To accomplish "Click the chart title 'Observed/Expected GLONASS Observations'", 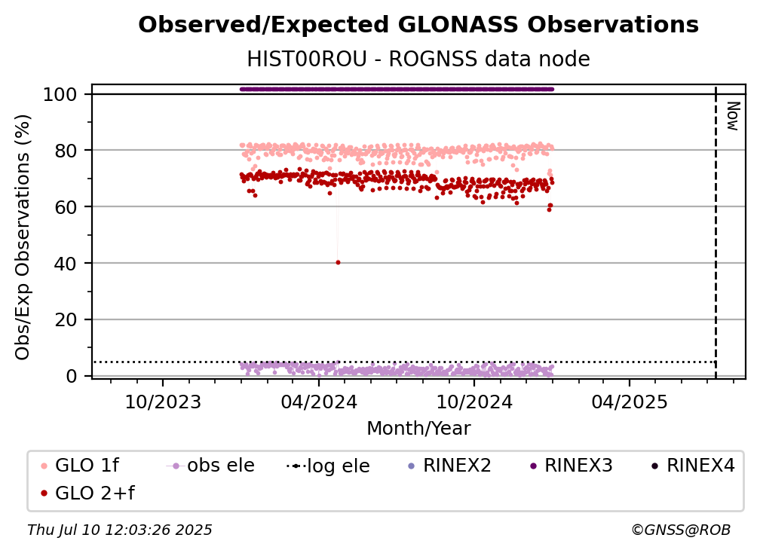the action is point(418,25).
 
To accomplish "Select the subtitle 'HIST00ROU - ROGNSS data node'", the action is point(418,59).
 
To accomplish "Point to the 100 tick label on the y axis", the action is point(60,94).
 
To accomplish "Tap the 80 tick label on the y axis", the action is point(66,151).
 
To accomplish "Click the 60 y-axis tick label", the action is point(66,207).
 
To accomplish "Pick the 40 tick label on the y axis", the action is point(66,264).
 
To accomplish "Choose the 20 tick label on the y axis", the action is point(66,320).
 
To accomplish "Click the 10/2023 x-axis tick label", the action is point(163,402).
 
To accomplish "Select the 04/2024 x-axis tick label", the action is point(318,402).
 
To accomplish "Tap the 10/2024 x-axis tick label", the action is point(474,402).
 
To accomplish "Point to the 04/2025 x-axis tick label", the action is point(629,402).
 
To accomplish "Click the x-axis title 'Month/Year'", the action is point(418,429).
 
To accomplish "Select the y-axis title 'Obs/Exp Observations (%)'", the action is point(23,237).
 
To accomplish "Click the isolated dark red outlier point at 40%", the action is point(338,262).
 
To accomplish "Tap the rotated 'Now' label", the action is point(732,116).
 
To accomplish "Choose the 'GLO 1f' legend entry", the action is point(80,466).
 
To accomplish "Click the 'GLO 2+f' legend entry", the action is point(87,493).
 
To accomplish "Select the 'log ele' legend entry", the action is point(328,466).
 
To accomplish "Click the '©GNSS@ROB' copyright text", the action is point(681,530).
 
